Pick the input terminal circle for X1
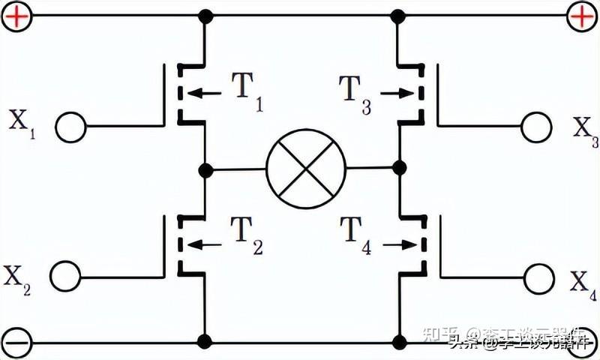click(71, 127)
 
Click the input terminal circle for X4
click(539, 279)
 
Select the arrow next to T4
click(398, 244)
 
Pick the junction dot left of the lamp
click(204, 169)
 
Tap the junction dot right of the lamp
click(399, 166)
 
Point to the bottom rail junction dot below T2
click(204, 343)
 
